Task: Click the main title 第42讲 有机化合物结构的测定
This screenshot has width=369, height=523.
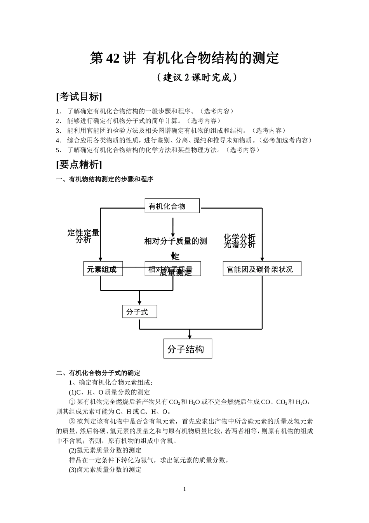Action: tap(184, 58)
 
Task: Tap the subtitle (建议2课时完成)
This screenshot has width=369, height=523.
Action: tap(197, 77)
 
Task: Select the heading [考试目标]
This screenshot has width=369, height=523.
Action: tap(79, 97)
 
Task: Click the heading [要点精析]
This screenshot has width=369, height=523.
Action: tap(79, 165)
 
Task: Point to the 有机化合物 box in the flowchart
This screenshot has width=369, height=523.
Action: tap(172, 206)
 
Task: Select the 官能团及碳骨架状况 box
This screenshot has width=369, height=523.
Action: tap(262, 269)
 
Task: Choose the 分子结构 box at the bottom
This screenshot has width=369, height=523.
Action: tap(188, 349)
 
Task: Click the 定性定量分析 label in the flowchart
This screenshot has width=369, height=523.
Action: tap(84, 236)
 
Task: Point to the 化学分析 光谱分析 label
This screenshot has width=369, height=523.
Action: tap(240, 241)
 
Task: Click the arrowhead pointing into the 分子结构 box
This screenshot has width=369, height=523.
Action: tap(190, 336)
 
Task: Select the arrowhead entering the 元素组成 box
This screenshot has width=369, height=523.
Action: tap(101, 259)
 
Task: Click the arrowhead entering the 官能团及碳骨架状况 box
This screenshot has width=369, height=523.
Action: tap(262, 259)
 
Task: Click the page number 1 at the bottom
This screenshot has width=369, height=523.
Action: tap(184, 489)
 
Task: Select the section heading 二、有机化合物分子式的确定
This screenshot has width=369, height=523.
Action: tap(98, 373)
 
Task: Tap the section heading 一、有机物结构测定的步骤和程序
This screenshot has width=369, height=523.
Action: tap(105, 179)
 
